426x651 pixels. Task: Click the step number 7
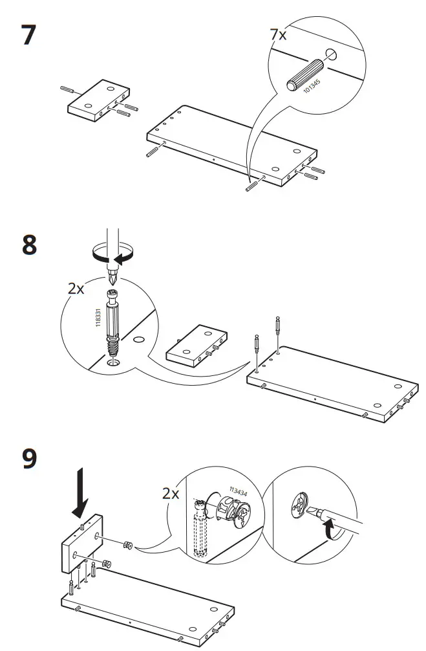tap(28, 35)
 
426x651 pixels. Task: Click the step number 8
tap(29, 247)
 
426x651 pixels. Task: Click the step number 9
tap(28, 459)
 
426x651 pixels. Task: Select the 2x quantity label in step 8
tap(76, 289)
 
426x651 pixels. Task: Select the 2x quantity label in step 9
tap(171, 494)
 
